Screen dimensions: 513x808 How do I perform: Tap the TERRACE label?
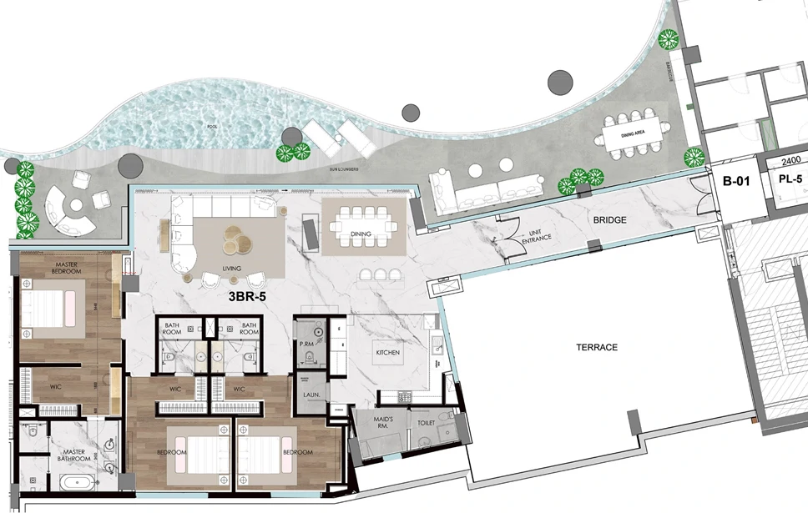(x=597, y=347)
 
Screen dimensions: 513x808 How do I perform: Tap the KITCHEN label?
(x=388, y=353)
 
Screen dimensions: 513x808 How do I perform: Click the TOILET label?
(x=426, y=423)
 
